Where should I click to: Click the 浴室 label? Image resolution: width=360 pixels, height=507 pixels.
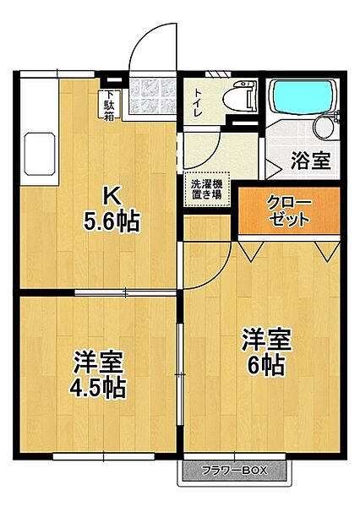(x=310, y=160)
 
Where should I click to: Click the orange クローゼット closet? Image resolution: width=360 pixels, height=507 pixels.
(x=289, y=211)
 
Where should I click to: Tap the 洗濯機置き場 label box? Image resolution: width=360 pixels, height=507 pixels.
(x=205, y=188)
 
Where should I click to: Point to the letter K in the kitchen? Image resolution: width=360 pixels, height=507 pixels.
(x=110, y=196)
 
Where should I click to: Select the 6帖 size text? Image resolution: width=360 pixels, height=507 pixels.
(x=266, y=366)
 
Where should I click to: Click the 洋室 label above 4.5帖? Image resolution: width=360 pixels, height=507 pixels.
(x=97, y=362)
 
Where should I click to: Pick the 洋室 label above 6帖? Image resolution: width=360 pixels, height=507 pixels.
(x=267, y=341)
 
